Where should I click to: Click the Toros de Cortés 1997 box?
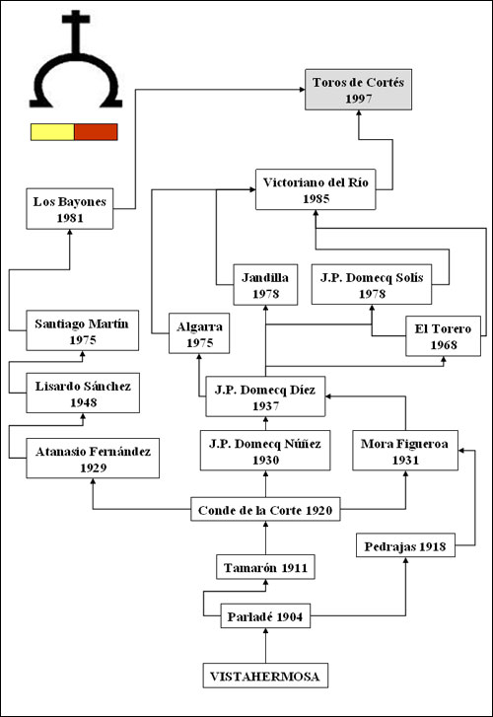click(359, 90)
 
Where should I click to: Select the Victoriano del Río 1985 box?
click(316, 189)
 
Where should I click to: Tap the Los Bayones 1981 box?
click(70, 209)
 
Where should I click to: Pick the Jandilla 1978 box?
click(265, 285)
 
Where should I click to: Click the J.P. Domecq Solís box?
click(372, 284)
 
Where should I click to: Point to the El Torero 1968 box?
click(443, 336)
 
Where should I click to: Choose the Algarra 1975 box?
click(199, 333)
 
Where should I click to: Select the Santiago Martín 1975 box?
click(82, 330)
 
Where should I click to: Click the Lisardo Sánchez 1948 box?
click(83, 394)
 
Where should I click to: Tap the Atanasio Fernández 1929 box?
click(93, 459)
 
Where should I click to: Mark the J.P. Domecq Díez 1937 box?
click(265, 396)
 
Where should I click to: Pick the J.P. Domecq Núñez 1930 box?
click(265, 451)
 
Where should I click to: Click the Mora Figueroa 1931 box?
click(405, 451)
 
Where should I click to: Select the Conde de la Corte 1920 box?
click(265, 510)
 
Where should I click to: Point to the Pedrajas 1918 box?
click(405, 545)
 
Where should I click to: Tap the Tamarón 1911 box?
click(265, 567)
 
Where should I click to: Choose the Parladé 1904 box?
click(265, 616)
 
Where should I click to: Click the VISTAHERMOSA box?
click(265, 676)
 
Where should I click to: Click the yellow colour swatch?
click(52, 132)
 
